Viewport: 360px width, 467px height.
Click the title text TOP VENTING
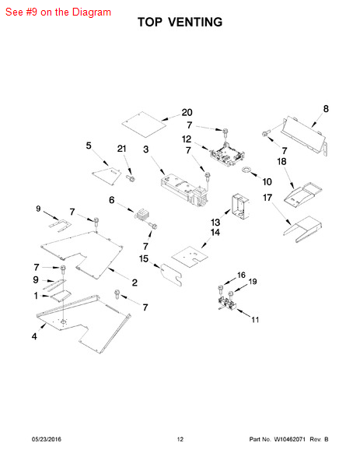[180, 23]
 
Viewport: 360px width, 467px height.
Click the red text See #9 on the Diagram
[58, 12]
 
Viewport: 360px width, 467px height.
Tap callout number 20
[187, 113]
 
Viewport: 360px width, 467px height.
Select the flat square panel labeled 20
[144, 125]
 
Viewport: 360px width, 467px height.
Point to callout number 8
[326, 109]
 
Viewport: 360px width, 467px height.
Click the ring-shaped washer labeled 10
[246, 170]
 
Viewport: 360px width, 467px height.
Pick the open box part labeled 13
[240, 207]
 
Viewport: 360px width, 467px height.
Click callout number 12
[187, 139]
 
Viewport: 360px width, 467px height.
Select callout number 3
[145, 149]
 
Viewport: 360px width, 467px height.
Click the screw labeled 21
[131, 178]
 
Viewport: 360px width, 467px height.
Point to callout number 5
[89, 146]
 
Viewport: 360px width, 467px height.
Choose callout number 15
[144, 259]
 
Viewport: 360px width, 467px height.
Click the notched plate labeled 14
[190, 255]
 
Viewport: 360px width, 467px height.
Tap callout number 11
[255, 320]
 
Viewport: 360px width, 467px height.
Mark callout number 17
[267, 198]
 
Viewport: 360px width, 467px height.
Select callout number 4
[34, 336]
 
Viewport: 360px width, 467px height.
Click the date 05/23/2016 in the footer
[47, 439]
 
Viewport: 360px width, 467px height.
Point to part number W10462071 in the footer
[289, 439]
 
